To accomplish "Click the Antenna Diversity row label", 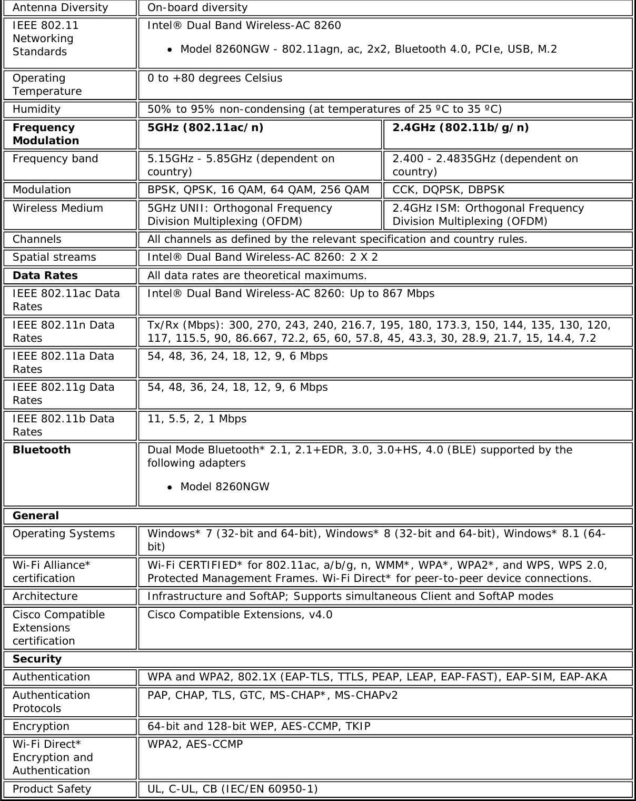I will click(x=60, y=7).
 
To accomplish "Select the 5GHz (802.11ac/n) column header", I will click(x=206, y=127).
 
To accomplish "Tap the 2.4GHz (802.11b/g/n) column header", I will click(x=461, y=127).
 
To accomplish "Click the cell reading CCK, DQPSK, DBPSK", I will click(x=449, y=190).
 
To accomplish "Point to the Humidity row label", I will click(x=36, y=109).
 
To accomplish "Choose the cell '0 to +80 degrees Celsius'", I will click(x=215, y=78).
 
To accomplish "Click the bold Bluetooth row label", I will click(x=42, y=450).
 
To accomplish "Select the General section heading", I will click(x=36, y=516).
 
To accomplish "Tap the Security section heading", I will click(x=37, y=659).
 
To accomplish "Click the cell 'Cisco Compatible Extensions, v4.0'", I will click(x=240, y=615).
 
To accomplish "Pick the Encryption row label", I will click(x=41, y=726).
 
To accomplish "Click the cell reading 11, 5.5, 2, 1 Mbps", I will click(x=197, y=419).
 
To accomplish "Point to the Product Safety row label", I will click(x=52, y=789).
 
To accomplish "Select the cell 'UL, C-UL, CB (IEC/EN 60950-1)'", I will click(x=233, y=789).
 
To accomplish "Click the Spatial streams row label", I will click(x=54, y=257).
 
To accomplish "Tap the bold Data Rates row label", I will click(x=45, y=275).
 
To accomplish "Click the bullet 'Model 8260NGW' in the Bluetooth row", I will click(x=225, y=487).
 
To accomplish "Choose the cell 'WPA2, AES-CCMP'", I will click(x=195, y=744).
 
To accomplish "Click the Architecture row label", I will click(x=45, y=596).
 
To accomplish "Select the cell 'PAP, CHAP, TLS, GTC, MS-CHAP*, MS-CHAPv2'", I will click(x=273, y=695).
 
